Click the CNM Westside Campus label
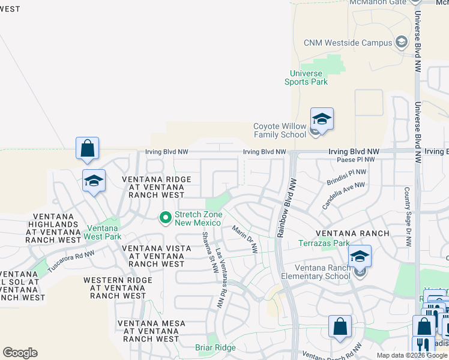click(348, 43)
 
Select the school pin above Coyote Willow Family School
click(321, 119)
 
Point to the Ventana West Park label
click(104, 232)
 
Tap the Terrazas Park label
click(324, 244)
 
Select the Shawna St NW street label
click(209, 252)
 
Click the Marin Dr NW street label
click(244, 238)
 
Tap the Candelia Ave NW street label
click(343, 196)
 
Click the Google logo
click(20, 353)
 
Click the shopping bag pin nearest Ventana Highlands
click(87, 148)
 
